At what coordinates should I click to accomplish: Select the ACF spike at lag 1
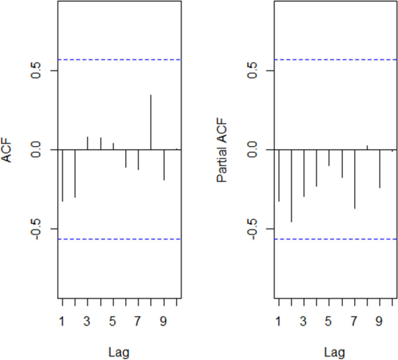tap(62, 175)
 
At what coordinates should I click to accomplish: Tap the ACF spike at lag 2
tap(75, 173)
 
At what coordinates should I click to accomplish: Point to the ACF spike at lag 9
tap(164, 165)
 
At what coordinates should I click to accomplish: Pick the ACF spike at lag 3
tap(88, 143)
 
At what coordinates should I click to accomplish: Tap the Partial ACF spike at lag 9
tap(380, 169)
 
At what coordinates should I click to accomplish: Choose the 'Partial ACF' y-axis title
tap(223, 150)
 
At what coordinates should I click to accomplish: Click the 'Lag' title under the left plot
tap(119, 350)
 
